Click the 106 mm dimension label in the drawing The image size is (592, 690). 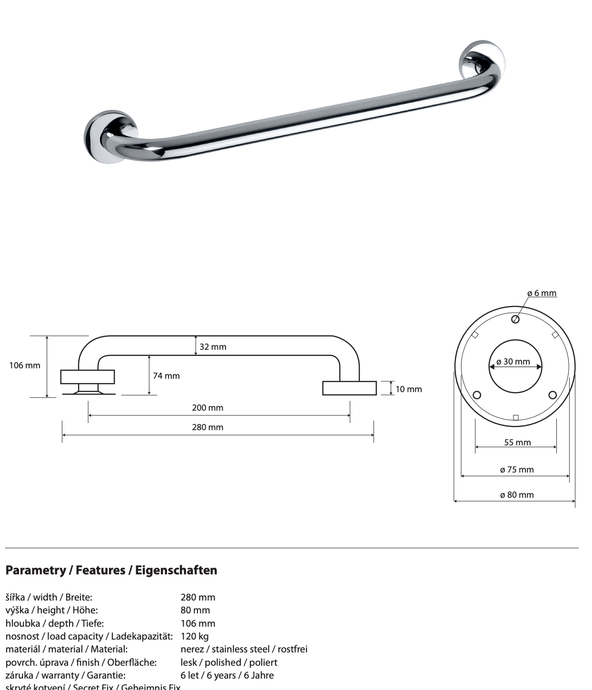tap(25, 365)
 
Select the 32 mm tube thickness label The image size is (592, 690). tap(213, 347)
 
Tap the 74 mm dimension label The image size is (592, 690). tap(166, 376)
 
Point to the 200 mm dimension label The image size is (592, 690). tap(207, 408)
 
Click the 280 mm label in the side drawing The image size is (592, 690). tap(207, 427)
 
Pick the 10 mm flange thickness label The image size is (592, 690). tap(408, 389)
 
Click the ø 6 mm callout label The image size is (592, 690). tap(542, 293)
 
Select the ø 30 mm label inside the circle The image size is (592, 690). tap(513, 362)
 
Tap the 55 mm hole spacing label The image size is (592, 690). tap(517, 443)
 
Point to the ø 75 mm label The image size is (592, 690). tap(517, 470)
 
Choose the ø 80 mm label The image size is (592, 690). tap(517, 495)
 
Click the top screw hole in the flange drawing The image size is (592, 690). tap(515, 319)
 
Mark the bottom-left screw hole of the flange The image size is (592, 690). tap(477, 395)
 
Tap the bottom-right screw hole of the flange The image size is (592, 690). tap(553, 395)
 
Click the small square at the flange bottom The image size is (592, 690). tap(515, 418)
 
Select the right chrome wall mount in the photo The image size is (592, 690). tap(481, 61)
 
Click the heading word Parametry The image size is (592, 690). tap(36, 570)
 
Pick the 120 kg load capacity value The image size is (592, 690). tap(195, 636)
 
